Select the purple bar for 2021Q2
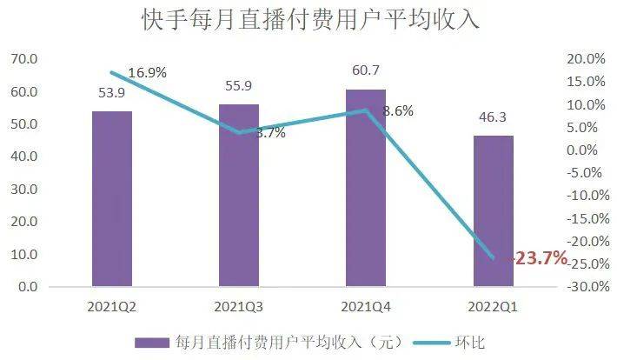pos(112,198)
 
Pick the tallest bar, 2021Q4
pos(366,187)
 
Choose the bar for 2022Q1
pos(493,210)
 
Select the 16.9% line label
pos(148,72)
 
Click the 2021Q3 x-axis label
pos(239,306)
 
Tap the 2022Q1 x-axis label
pos(493,306)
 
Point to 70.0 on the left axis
pos(23,59)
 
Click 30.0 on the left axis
pos(23,190)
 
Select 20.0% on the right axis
pos(583,59)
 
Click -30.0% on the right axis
pos(581,287)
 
